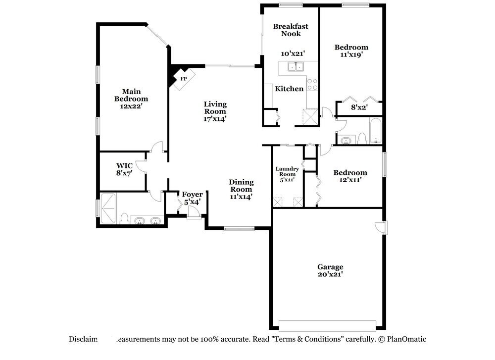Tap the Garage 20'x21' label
(x=330, y=270)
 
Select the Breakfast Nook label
(x=290, y=30)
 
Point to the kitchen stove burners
(x=312, y=85)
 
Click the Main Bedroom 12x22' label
(x=131, y=99)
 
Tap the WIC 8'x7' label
(x=124, y=169)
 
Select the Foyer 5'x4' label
(x=192, y=198)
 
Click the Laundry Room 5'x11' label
(x=287, y=174)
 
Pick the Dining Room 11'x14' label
(x=241, y=189)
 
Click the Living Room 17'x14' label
(x=215, y=111)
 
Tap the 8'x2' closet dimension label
(x=359, y=106)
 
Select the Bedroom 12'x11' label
(x=350, y=176)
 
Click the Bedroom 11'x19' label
(x=351, y=51)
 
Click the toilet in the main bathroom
(x=124, y=218)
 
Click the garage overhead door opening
(x=327, y=325)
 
